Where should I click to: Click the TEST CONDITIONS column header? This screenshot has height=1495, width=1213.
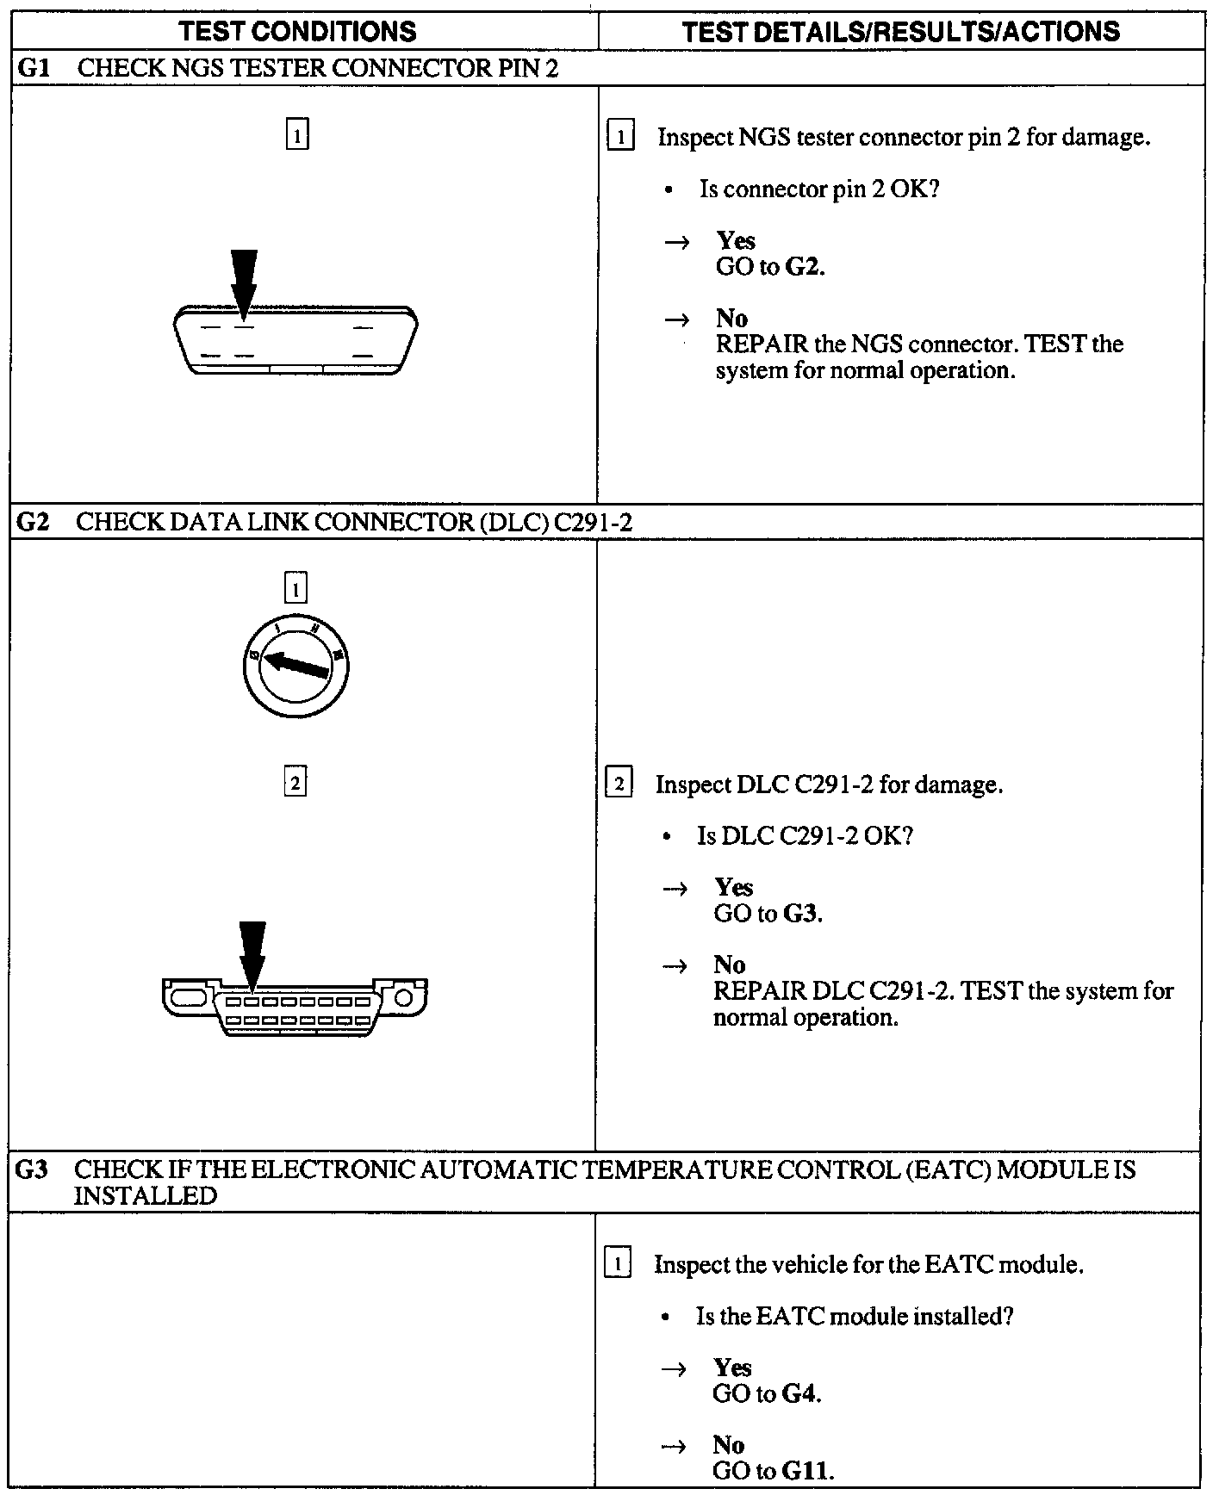coord(297,32)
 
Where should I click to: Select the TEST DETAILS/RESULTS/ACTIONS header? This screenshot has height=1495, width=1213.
coord(900,32)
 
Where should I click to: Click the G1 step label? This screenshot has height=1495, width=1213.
coord(33,69)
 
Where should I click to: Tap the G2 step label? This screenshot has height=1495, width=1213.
coord(32,523)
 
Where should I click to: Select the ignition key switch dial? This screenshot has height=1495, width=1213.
coord(295,667)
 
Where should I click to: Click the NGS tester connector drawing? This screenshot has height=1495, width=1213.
coord(295,339)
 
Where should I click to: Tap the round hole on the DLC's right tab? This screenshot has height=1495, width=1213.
coord(405,997)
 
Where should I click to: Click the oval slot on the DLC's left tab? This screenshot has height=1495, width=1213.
coord(187,997)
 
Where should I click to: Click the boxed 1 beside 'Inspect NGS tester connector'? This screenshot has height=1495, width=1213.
coord(620,138)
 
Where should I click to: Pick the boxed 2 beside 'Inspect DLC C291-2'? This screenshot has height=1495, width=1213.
coord(619,785)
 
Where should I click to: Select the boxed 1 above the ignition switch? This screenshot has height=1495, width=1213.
coord(295,589)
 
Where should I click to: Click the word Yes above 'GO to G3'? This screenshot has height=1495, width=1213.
coord(733,887)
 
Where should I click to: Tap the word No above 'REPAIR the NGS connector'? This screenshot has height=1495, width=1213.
coord(731,319)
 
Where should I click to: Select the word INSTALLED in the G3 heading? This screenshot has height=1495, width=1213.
coord(145,1196)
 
